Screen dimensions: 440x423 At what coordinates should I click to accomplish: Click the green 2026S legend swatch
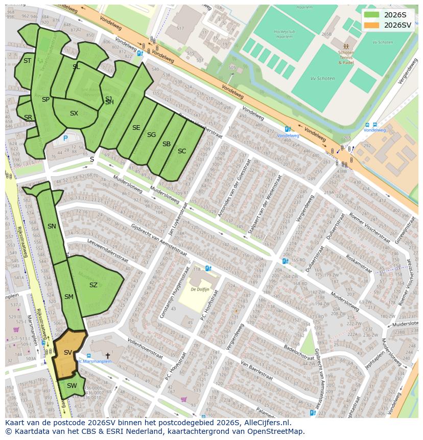coord(372,15)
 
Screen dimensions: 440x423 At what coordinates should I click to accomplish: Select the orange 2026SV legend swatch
coord(372,25)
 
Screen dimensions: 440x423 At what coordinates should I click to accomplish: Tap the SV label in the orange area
coord(68,353)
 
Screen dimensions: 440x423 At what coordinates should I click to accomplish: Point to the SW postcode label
coord(72,386)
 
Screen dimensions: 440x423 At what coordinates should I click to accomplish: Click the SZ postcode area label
coord(93,285)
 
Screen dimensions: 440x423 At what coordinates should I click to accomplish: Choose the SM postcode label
coord(69,297)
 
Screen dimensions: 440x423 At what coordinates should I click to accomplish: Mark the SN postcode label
coord(52,226)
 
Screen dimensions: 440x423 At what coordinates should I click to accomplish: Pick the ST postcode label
coord(28,61)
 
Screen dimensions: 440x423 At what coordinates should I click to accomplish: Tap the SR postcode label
coord(28,118)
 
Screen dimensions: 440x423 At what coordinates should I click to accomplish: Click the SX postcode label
coord(74,113)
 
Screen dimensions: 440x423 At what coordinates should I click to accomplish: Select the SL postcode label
coord(76,67)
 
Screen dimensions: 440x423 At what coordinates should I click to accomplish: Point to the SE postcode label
coord(136,128)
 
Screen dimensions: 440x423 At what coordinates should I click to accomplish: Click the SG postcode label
coord(151,135)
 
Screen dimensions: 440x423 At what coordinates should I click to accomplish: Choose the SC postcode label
coord(182,151)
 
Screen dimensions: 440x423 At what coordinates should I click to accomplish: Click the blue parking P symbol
coord(65,138)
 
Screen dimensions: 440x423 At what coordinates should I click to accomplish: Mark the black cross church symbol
coord(108,355)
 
